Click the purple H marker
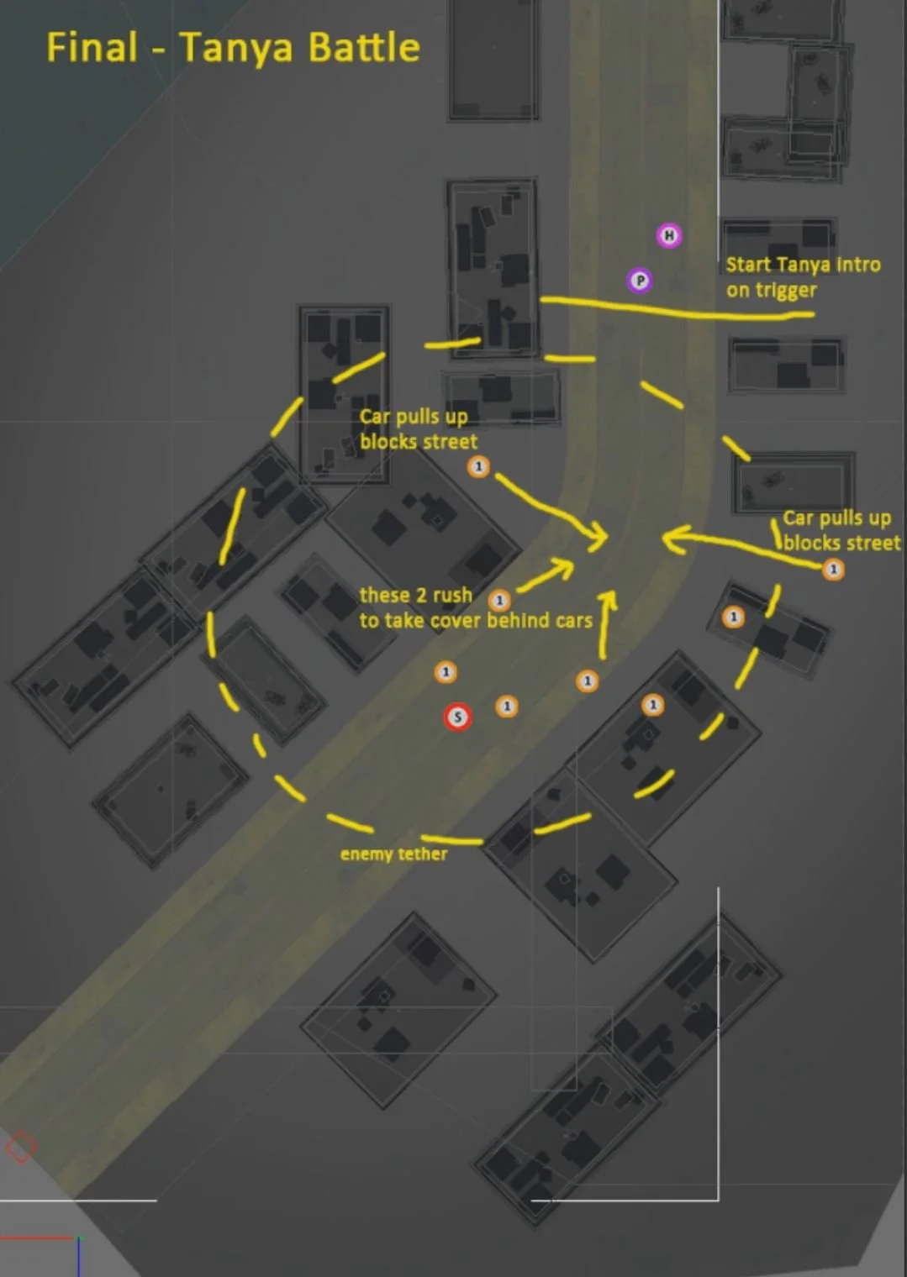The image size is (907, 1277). (669, 235)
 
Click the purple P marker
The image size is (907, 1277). (640, 280)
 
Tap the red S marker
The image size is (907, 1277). (457, 717)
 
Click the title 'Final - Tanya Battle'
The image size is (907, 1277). (233, 47)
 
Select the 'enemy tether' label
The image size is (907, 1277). (393, 854)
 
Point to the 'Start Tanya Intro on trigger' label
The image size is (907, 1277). (803, 277)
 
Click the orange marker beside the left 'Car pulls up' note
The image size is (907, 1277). (478, 466)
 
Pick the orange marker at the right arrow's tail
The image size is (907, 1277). (833, 570)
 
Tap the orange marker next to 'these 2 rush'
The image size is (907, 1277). (499, 601)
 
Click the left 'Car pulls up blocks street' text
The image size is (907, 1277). (418, 428)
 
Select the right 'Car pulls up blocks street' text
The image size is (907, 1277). (841, 530)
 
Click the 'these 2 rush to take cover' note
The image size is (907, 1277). (475, 607)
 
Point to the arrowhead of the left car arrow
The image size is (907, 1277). (603, 535)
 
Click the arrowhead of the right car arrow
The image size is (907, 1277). (668, 538)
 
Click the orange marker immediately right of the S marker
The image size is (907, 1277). (506, 706)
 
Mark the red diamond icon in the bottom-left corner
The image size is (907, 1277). (21, 1147)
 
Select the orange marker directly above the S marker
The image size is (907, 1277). (446, 672)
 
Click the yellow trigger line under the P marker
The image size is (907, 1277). (672, 309)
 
